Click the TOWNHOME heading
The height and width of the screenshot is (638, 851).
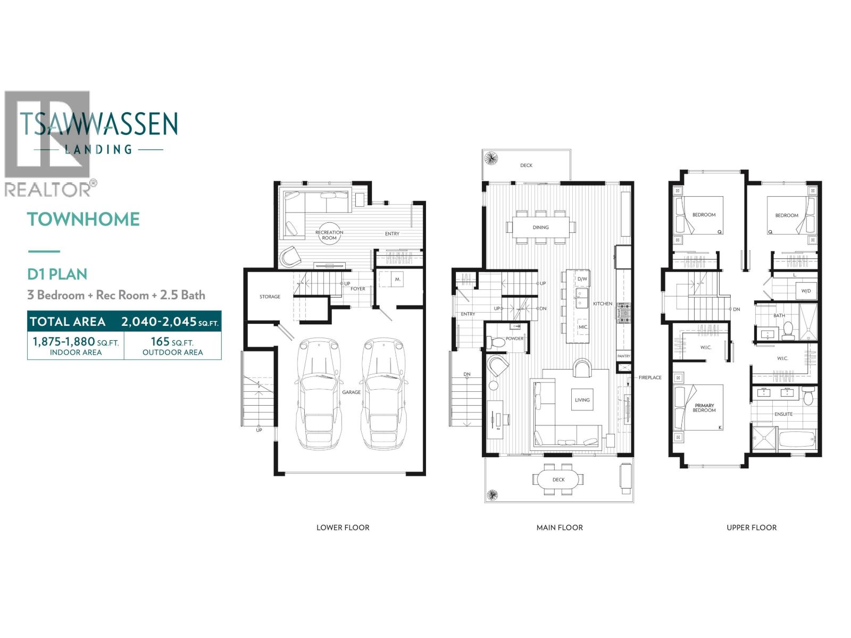pyautogui.click(x=84, y=219)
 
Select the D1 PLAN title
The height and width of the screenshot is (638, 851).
pyautogui.click(x=57, y=274)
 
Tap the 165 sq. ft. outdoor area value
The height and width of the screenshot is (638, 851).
pyautogui.click(x=172, y=342)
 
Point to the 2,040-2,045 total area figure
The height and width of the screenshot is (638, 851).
pyautogui.click(x=170, y=322)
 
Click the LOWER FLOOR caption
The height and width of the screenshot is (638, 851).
pyautogui.click(x=343, y=527)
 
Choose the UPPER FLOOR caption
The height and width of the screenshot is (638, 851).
pyautogui.click(x=752, y=527)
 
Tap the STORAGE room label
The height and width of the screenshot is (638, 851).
pyautogui.click(x=270, y=297)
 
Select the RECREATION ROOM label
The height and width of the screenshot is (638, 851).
pyautogui.click(x=329, y=235)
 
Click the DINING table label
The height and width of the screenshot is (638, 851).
pyautogui.click(x=540, y=228)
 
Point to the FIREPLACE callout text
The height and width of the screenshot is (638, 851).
pyautogui.click(x=650, y=377)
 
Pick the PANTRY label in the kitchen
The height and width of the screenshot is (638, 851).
pyautogui.click(x=624, y=356)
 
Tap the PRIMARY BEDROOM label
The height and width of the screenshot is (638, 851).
pyautogui.click(x=704, y=408)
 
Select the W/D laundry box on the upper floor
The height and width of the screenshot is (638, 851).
pyautogui.click(x=806, y=291)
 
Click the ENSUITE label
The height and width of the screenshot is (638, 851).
pyautogui.click(x=783, y=414)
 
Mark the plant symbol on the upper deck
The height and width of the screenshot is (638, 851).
pyautogui.click(x=491, y=158)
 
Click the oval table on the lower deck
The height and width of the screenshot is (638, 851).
pyautogui.click(x=558, y=480)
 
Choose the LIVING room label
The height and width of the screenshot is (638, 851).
pyautogui.click(x=582, y=400)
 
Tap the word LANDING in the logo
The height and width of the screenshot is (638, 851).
pyautogui.click(x=98, y=149)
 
